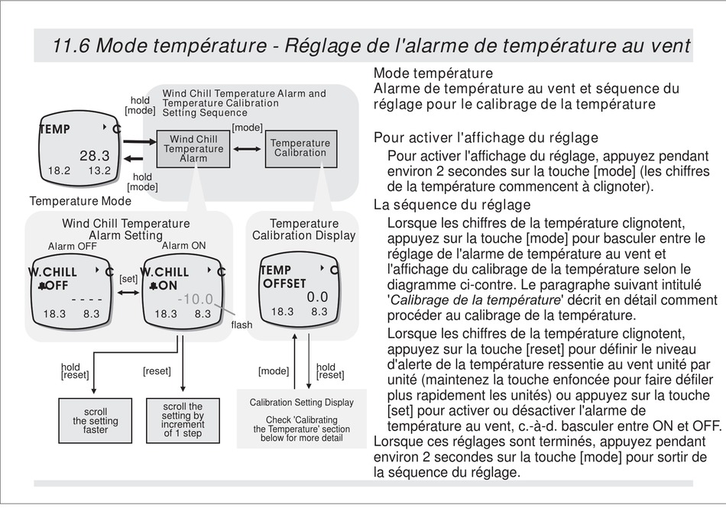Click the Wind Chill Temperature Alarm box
193,149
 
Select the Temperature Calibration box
300,148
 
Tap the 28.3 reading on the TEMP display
95,156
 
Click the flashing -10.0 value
196,299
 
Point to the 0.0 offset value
317,296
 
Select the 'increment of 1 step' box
183,420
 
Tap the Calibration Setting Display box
301,420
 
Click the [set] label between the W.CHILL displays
128,279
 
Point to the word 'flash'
241,325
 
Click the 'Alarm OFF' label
72,246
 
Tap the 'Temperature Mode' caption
80,202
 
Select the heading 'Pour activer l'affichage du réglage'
485,138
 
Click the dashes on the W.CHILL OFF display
86,299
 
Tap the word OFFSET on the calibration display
284,284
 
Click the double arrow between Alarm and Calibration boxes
248,148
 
